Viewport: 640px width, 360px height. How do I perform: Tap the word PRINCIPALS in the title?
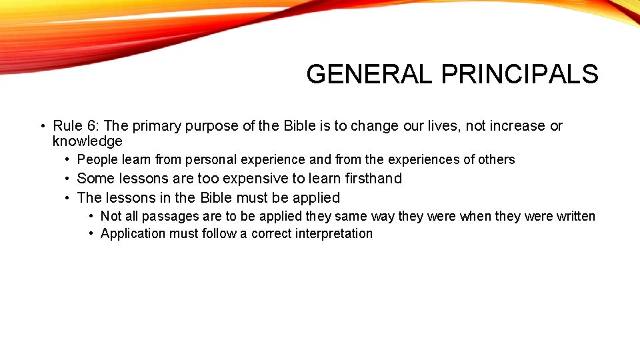(x=520, y=74)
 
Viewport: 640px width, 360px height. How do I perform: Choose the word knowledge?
(x=87, y=141)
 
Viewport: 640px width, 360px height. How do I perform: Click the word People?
(x=97, y=160)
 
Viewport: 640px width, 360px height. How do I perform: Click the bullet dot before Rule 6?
(x=42, y=126)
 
